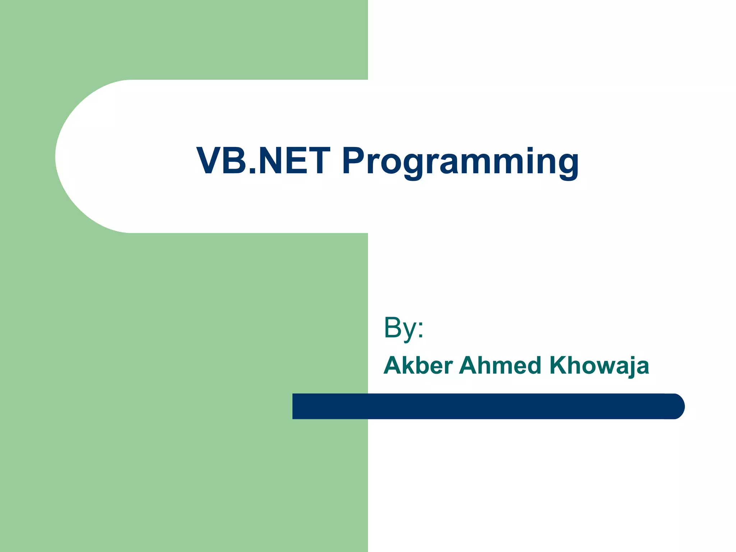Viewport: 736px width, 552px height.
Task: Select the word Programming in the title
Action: (460, 162)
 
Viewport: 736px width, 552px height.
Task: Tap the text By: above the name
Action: (403, 328)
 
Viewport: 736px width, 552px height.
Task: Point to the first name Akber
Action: (418, 365)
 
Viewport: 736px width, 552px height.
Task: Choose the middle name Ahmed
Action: (500, 365)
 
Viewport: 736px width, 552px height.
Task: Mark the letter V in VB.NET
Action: (209, 161)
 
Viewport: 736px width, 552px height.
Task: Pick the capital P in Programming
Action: (354, 161)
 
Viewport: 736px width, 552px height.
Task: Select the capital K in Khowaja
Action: (558, 365)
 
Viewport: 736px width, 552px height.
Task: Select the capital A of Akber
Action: (394, 365)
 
